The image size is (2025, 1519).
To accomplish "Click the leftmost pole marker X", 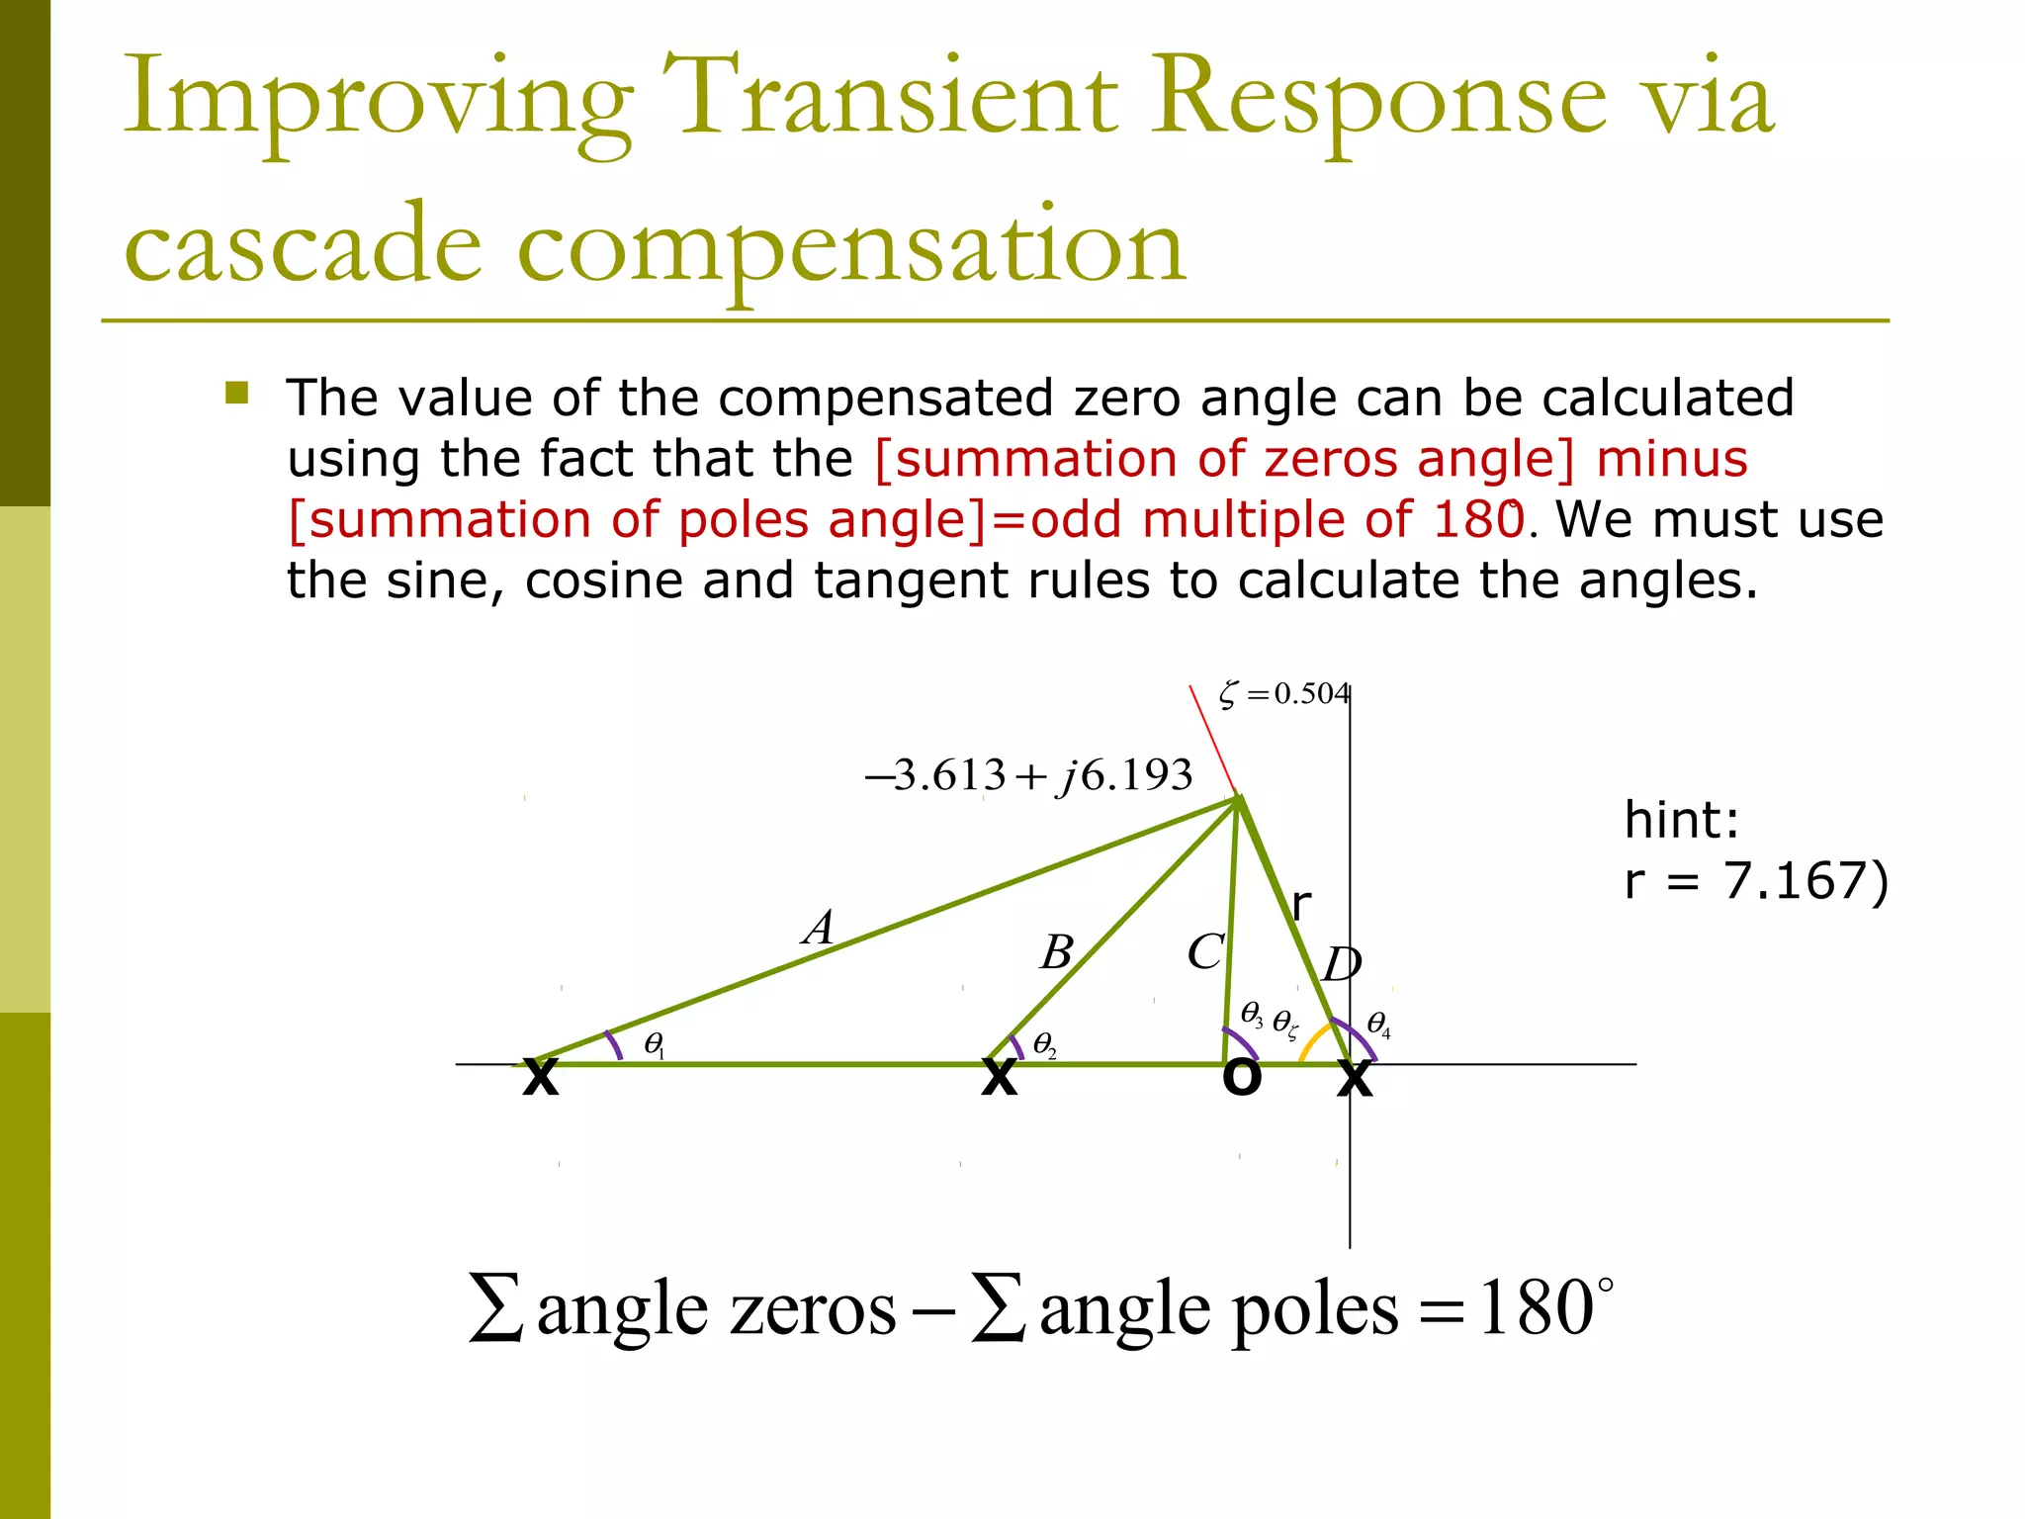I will coord(540,1076).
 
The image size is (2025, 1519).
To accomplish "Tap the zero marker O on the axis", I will coord(1241,1076).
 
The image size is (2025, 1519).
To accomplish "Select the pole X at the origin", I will coord(1354,1076).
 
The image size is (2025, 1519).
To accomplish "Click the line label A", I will coord(820,928).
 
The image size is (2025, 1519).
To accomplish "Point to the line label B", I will coord(1057,952).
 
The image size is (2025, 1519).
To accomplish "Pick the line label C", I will coord(1205,952).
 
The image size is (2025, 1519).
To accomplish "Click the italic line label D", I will coord(1342,963).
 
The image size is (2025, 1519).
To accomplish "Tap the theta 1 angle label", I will coord(654,1044).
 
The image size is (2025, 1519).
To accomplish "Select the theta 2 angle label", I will coord(1044,1044).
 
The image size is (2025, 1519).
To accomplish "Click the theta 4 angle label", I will coord(1378,1025).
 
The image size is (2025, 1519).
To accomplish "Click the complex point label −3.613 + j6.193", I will coord(1029,775).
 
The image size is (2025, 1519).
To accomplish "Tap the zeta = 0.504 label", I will coord(1283,694).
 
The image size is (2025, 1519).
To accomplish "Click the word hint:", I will coord(1681,819).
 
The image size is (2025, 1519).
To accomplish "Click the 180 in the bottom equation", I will coord(1535,1308).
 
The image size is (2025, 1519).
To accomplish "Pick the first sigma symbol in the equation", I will coord(496,1308).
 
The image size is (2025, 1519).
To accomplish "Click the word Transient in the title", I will coord(889,97).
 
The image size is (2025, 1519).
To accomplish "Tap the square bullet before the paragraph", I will coord(236,394).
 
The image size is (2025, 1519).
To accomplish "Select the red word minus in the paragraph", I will coord(1672,459).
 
